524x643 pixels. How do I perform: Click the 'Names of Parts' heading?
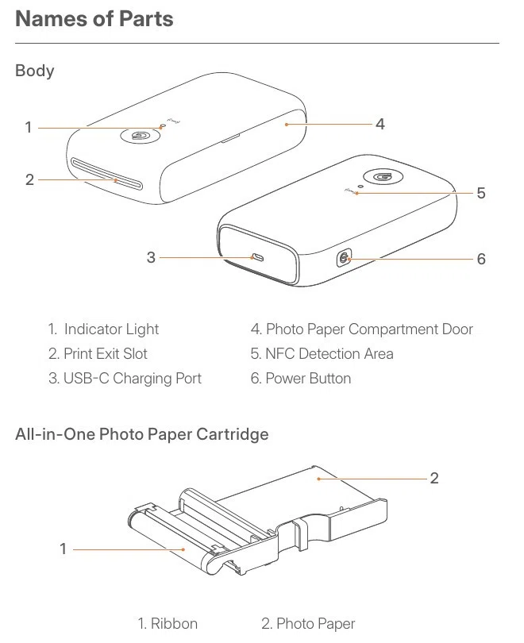pyautogui.click(x=94, y=19)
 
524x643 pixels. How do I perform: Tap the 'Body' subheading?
pyautogui.click(x=35, y=71)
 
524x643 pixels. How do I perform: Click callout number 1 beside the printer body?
pyautogui.click(x=29, y=127)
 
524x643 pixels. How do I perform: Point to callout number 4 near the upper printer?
pyautogui.click(x=380, y=124)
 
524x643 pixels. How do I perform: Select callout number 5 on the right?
pyautogui.click(x=481, y=193)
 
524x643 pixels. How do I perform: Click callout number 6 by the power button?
pyautogui.click(x=481, y=259)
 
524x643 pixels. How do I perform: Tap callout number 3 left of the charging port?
pyautogui.click(x=151, y=257)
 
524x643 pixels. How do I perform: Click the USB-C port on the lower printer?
pyautogui.click(x=257, y=257)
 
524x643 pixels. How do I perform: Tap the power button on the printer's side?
pyautogui.click(x=344, y=258)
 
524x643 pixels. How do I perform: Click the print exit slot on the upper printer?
pyautogui.click(x=106, y=174)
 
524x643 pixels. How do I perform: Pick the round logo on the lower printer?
pyautogui.click(x=383, y=176)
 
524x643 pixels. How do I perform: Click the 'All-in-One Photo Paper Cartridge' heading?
pyautogui.click(x=142, y=434)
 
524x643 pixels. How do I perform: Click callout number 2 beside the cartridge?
pyautogui.click(x=434, y=478)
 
